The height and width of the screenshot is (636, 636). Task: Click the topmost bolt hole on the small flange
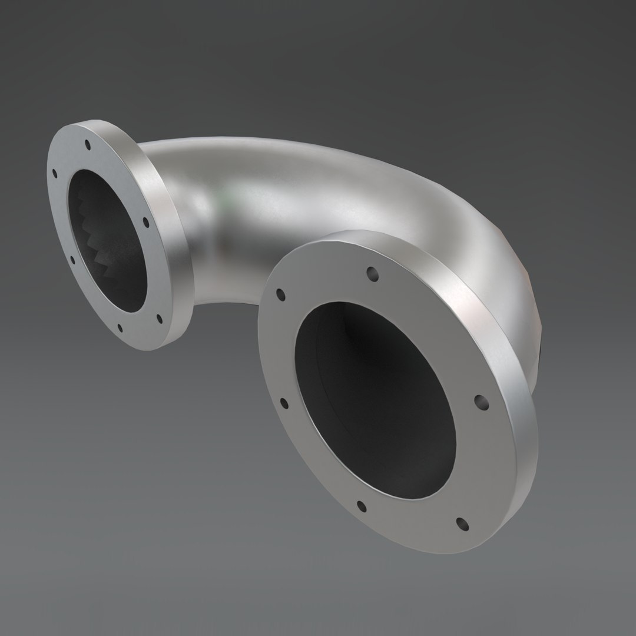pyautogui.click(x=87, y=143)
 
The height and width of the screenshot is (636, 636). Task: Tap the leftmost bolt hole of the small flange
pyautogui.click(x=55, y=174)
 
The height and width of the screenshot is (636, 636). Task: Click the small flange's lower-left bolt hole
pyautogui.click(x=72, y=259)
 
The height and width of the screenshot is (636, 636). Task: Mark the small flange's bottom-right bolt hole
pyautogui.click(x=158, y=319)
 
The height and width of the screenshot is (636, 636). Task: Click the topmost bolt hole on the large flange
pyautogui.click(x=372, y=273)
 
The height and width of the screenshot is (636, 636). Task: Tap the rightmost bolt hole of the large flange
pyautogui.click(x=481, y=402)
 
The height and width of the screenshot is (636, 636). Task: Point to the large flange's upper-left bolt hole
pyautogui.click(x=280, y=293)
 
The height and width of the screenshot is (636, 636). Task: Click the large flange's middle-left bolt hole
pyautogui.click(x=284, y=403)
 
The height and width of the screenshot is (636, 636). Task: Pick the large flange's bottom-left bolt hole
pyautogui.click(x=362, y=506)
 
